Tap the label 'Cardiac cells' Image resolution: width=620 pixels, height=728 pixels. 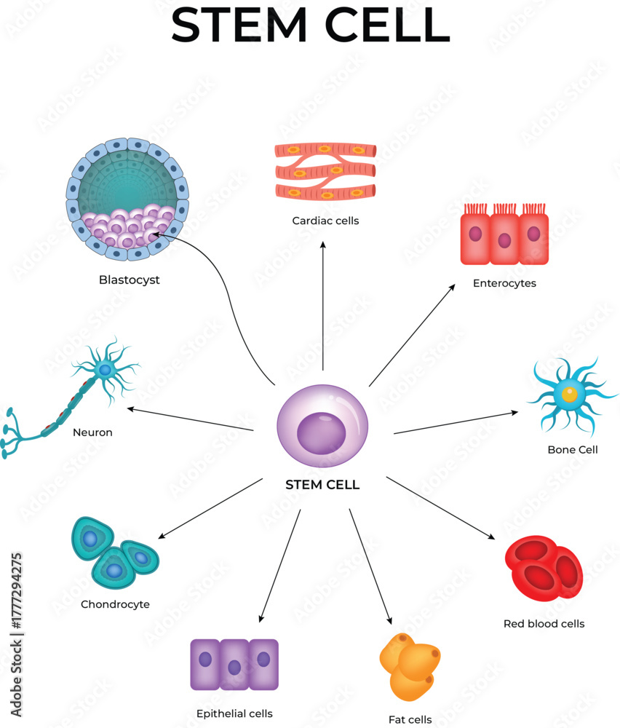click(x=325, y=220)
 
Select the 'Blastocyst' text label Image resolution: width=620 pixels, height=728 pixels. click(x=130, y=280)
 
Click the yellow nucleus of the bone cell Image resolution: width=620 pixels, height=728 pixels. click(x=569, y=394)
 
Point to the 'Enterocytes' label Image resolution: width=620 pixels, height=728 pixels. click(x=504, y=283)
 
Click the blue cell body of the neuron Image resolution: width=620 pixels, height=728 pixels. click(x=106, y=371)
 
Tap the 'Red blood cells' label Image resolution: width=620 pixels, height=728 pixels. click(x=544, y=623)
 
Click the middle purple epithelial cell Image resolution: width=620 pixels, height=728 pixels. click(x=234, y=664)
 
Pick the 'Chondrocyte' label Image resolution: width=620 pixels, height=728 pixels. click(x=115, y=604)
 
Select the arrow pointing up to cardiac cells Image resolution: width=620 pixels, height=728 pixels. click(x=323, y=306)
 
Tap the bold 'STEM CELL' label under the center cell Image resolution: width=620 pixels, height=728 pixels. click(x=322, y=485)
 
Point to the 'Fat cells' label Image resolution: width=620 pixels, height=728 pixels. click(x=410, y=719)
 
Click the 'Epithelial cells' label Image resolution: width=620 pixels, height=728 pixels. click(x=234, y=713)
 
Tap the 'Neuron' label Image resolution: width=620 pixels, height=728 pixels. click(x=92, y=432)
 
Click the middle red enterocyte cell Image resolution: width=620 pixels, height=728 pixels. click(x=504, y=239)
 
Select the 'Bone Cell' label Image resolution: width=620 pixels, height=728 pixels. click(x=573, y=450)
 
